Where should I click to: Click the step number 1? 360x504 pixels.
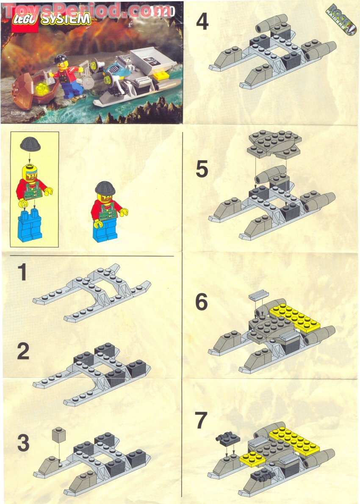coord(22,273)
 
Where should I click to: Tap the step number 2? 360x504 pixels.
coord(23,352)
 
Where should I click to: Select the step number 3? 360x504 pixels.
coord(23,443)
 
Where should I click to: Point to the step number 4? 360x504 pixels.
coord(202,21)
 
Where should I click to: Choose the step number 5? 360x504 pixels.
coord(202,169)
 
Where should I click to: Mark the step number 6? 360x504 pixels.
coord(202,302)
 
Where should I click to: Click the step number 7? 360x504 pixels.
coord(201,421)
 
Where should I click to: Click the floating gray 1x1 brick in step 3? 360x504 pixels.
coord(58,435)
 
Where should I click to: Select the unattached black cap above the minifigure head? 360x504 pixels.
coord(29,144)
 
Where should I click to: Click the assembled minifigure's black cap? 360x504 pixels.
coord(105,187)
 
